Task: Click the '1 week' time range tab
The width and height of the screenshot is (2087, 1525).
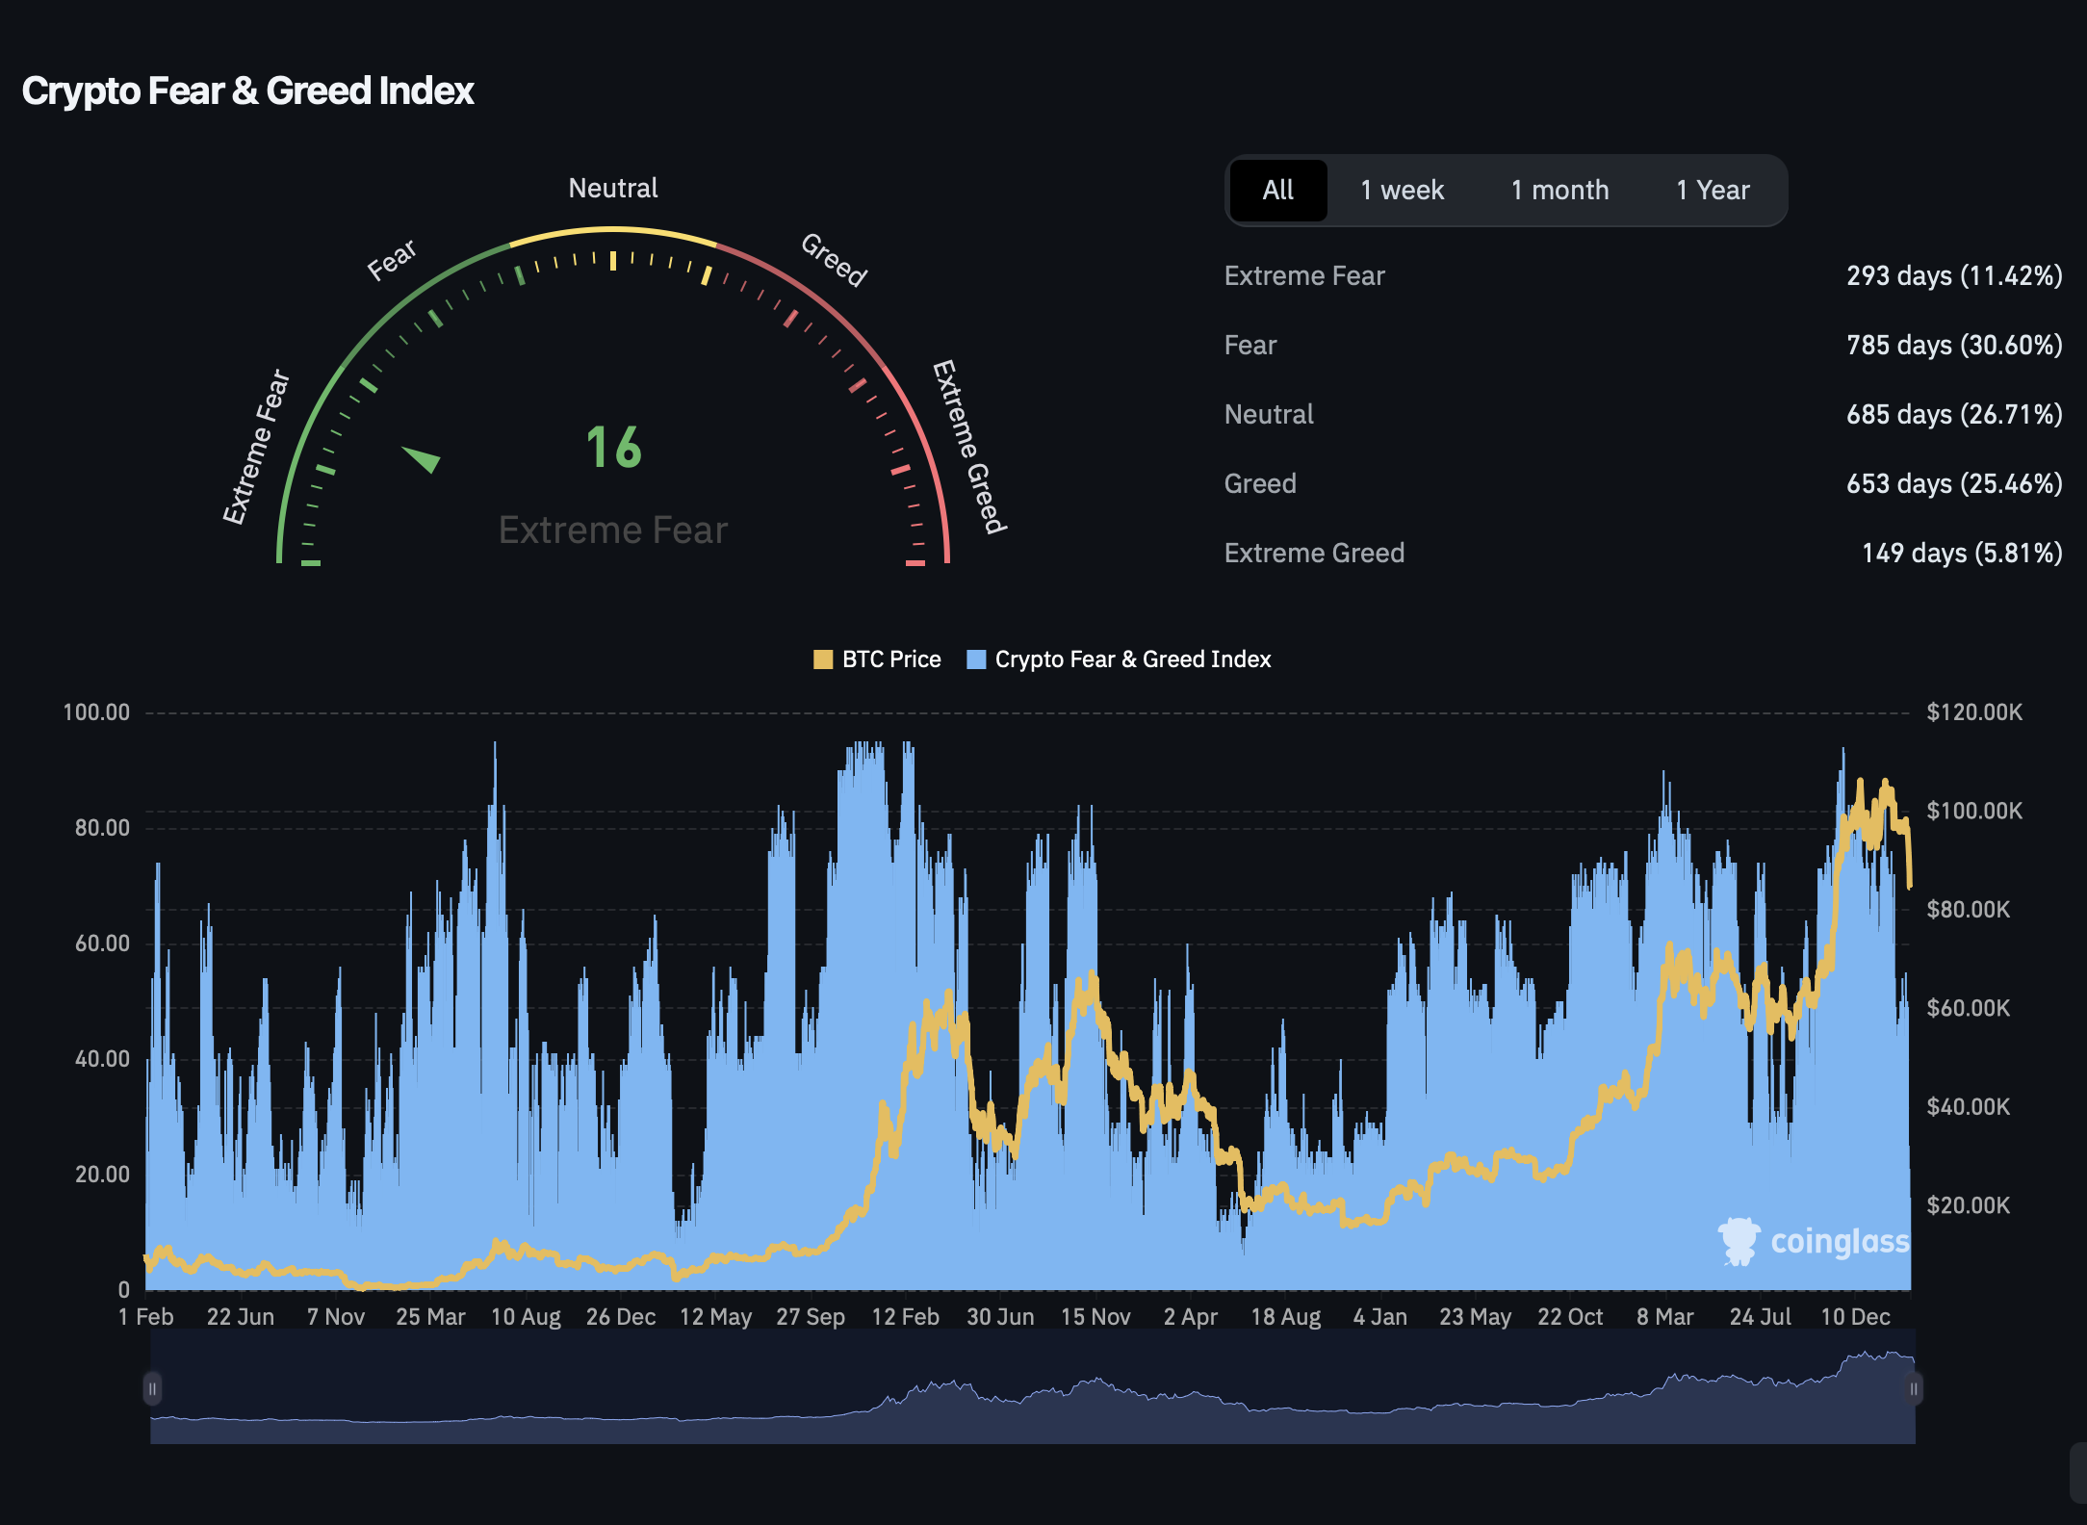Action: tap(1402, 191)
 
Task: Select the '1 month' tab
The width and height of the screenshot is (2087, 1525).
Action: tap(1559, 191)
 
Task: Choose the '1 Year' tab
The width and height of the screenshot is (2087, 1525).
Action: tap(1713, 191)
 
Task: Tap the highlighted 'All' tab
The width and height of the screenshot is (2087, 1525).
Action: tap(1277, 191)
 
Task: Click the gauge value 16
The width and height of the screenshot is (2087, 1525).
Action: tap(613, 448)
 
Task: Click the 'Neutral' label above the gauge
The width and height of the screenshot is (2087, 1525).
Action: tap(613, 188)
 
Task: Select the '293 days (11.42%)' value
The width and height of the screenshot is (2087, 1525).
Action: tap(1953, 276)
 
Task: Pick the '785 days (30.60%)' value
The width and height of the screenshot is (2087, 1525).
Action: tap(1953, 346)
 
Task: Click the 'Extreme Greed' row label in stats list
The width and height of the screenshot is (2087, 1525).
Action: tap(1314, 554)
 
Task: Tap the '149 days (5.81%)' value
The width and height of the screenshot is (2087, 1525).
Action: tap(1961, 554)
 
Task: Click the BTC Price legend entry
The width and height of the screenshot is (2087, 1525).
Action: tap(877, 659)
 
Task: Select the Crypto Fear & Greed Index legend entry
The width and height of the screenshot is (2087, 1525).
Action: tap(1119, 659)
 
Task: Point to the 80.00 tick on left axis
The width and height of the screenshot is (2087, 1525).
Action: tap(102, 828)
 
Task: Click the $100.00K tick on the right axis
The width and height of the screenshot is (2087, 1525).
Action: tap(1973, 811)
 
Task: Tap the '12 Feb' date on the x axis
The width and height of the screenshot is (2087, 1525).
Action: tap(905, 1316)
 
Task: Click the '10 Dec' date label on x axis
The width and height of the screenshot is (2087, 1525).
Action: tap(1855, 1316)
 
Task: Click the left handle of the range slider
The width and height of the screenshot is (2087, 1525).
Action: tap(152, 1388)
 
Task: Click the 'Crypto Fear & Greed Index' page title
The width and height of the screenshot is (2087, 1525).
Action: tap(247, 91)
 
